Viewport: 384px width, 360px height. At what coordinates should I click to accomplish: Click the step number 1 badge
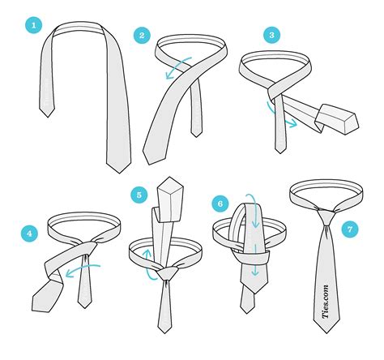tap(34, 25)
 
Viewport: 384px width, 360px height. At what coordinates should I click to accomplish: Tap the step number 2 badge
tap(143, 36)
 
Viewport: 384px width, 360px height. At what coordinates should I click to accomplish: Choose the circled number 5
tap(139, 195)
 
